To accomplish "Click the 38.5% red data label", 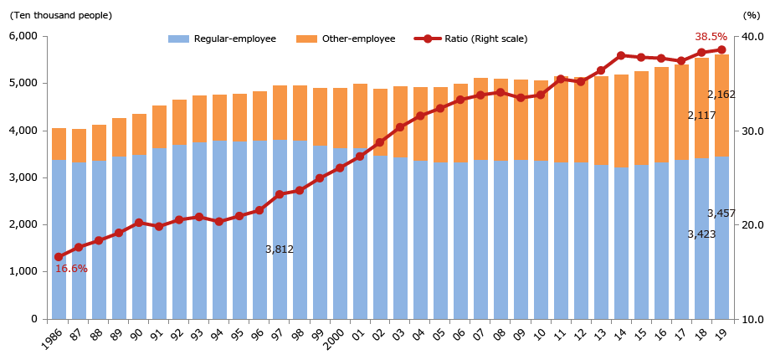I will pyautogui.click(x=711, y=37).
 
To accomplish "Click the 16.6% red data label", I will pyautogui.click(x=71, y=269).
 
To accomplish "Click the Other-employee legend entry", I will pyautogui.click(x=346, y=39).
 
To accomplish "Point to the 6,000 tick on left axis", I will pyautogui.click(x=23, y=36).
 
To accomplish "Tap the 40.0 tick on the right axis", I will pyautogui.click(x=752, y=37).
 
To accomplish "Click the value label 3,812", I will pyautogui.click(x=280, y=249).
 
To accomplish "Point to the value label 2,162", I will pyautogui.click(x=721, y=95).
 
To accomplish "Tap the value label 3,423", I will pyautogui.click(x=701, y=234).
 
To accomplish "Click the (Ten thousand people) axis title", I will pyautogui.click(x=60, y=15).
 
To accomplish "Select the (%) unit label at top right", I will pyautogui.click(x=750, y=15).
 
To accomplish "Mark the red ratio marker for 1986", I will pyautogui.click(x=59, y=257).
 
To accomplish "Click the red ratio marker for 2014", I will pyautogui.click(x=621, y=56).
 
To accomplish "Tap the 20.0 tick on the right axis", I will pyautogui.click(x=752, y=225).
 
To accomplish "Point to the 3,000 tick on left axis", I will pyautogui.click(x=23, y=177).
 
